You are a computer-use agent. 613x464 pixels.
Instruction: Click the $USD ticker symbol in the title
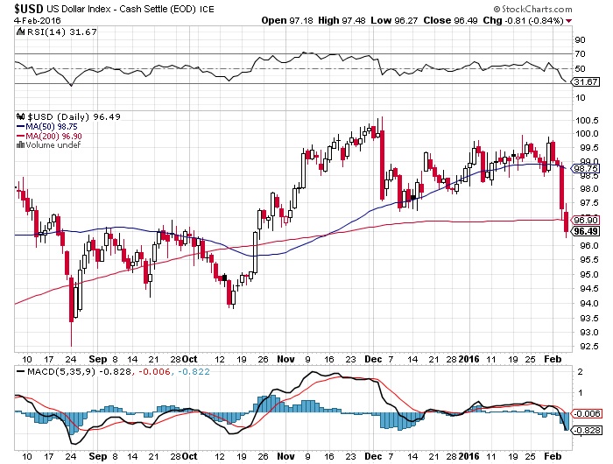point(20,9)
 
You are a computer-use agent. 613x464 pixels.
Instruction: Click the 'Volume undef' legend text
point(50,145)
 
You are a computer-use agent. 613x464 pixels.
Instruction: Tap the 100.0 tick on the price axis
point(585,133)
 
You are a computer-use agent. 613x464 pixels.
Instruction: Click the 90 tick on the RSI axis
point(579,39)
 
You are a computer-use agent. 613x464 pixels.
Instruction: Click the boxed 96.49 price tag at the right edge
point(584,231)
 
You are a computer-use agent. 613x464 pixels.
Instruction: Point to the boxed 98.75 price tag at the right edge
point(584,167)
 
